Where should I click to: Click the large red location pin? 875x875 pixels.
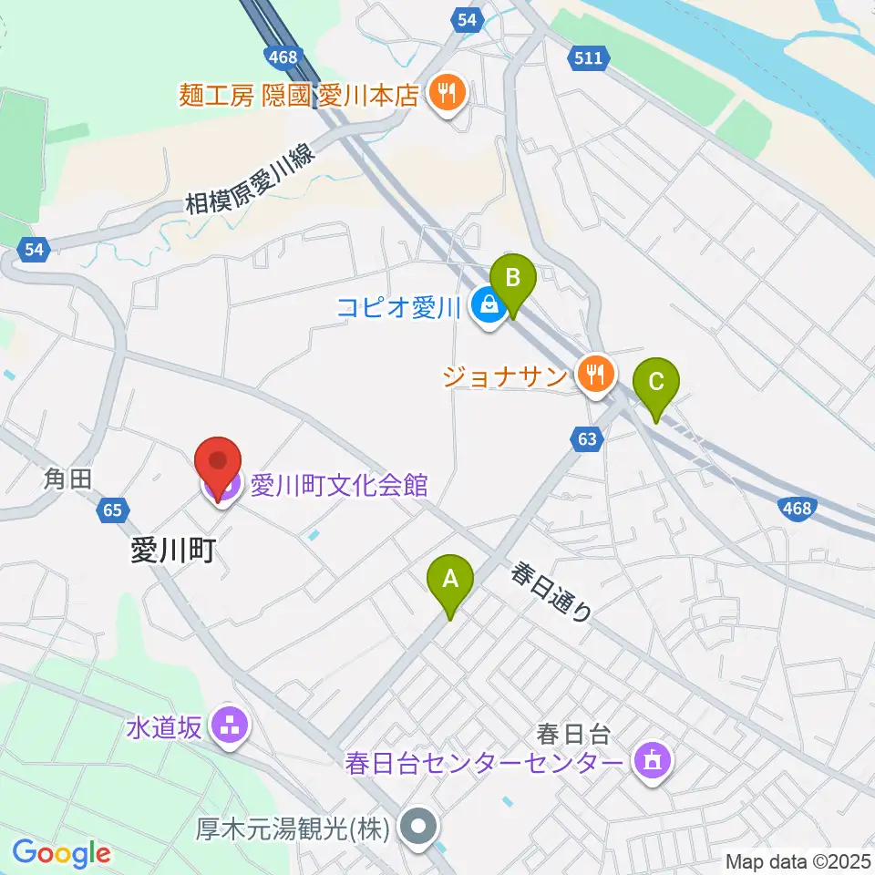(x=219, y=468)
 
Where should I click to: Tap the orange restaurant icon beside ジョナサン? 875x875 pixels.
(x=596, y=374)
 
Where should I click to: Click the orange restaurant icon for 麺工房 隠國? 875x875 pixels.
(x=446, y=93)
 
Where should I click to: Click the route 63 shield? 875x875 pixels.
(x=588, y=440)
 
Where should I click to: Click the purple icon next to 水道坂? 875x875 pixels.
(x=225, y=726)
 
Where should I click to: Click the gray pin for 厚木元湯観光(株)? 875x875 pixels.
(x=419, y=828)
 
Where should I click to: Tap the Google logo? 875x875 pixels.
(x=61, y=853)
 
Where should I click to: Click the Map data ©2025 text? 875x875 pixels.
(x=798, y=860)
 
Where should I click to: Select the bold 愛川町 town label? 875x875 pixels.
(x=173, y=551)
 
